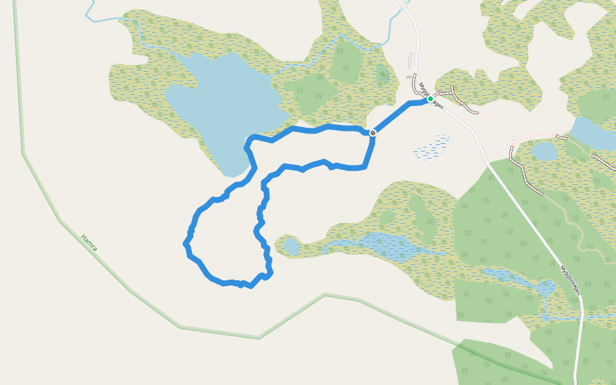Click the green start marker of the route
[x=430, y=99]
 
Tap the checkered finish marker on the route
[x=372, y=133]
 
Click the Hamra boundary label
[x=89, y=242]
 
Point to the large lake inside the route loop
[x=221, y=103]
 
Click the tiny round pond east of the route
[x=291, y=246]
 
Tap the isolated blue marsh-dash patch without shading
[x=432, y=148]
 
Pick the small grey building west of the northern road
[x=409, y=78]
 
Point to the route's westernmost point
[x=185, y=243]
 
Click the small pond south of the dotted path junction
[x=543, y=151]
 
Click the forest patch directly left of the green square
[x=309, y=94]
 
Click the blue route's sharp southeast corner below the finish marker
[x=364, y=167]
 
